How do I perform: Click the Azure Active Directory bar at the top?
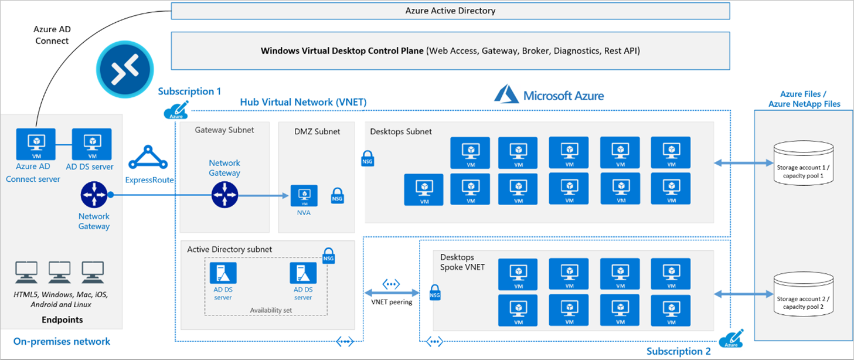450,11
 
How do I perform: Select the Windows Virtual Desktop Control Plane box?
450,51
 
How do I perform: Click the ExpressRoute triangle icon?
149,158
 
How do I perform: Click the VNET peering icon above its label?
391,284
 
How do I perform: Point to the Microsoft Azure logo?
549,95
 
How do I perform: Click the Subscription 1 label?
189,91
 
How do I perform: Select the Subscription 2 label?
678,351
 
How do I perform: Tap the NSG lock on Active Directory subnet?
329,254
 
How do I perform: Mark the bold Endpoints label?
62,320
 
